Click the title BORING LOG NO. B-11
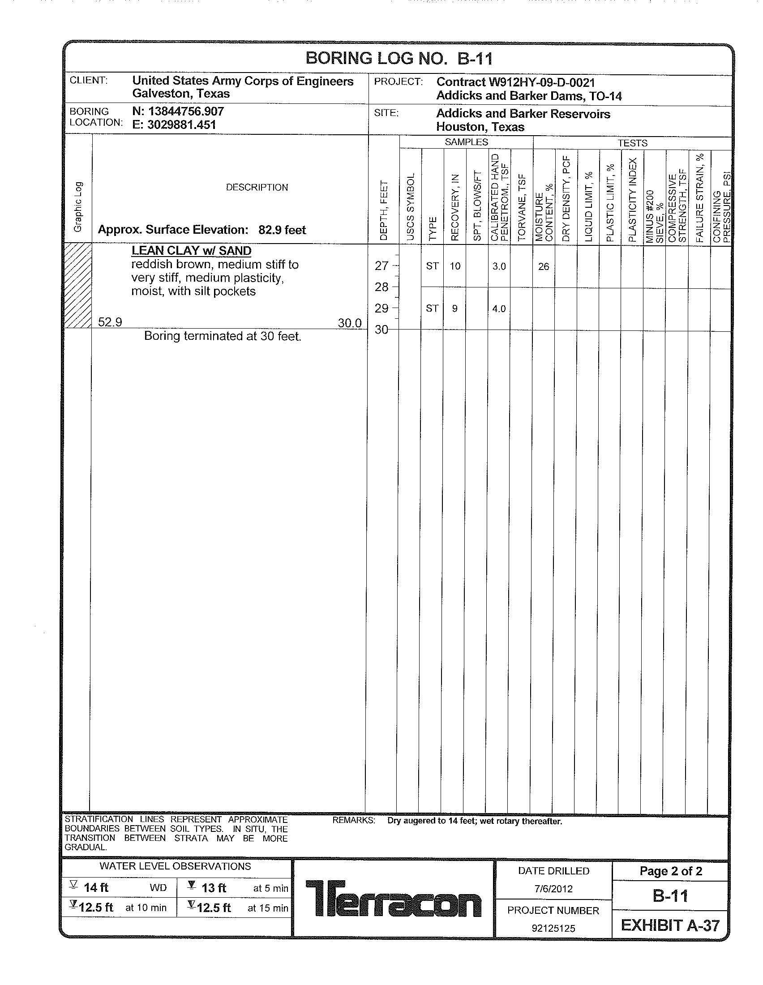[399, 59]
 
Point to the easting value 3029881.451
[175, 125]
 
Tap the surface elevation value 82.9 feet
[282, 230]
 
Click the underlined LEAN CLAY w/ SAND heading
[191, 251]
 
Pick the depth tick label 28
[381, 287]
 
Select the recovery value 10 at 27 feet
[455, 266]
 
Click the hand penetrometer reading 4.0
[499, 309]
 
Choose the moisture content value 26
[544, 266]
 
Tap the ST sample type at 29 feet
[432, 308]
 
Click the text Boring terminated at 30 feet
[222, 336]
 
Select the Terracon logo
[393, 898]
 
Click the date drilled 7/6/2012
[553, 889]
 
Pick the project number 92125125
[553, 929]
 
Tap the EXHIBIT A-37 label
[670, 925]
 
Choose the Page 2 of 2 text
[671, 871]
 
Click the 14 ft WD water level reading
[96, 887]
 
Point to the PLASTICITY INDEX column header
[632, 200]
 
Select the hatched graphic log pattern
[78, 285]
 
